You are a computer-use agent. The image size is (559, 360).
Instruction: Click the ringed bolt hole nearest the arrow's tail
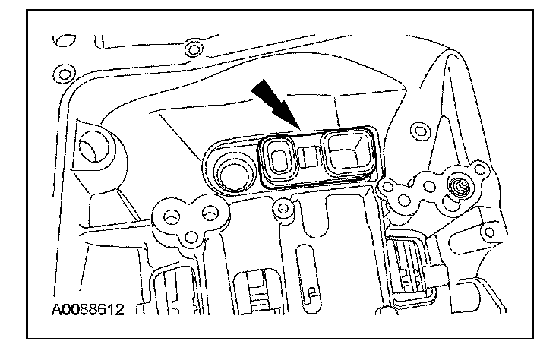pyautogui.click(x=195, y=51)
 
